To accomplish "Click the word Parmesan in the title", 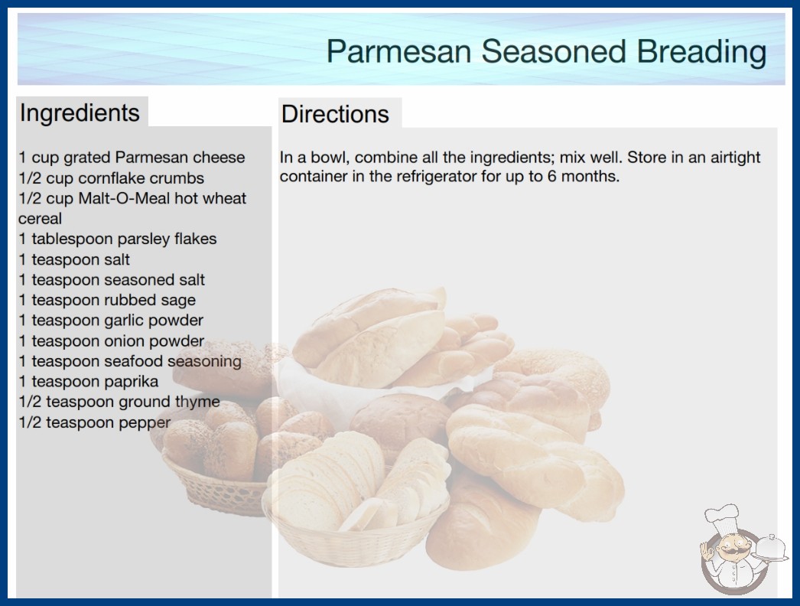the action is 398,51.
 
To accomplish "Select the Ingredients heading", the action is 80,113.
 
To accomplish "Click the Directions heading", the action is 335,114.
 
